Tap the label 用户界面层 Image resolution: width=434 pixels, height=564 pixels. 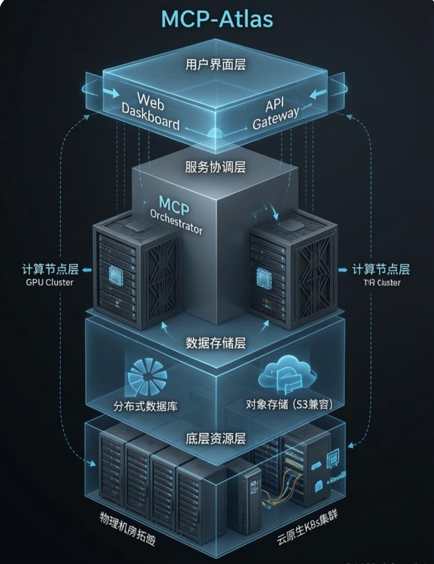pyautogui.click(x=216, y=65)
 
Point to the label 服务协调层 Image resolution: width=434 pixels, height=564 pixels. pyautogui.click(x=216, y=167)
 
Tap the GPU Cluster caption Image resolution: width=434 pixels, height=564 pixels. pyautogui.click(x=49, y=282)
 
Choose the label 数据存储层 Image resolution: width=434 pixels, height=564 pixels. pyautogui.click(x=216, y=343)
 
